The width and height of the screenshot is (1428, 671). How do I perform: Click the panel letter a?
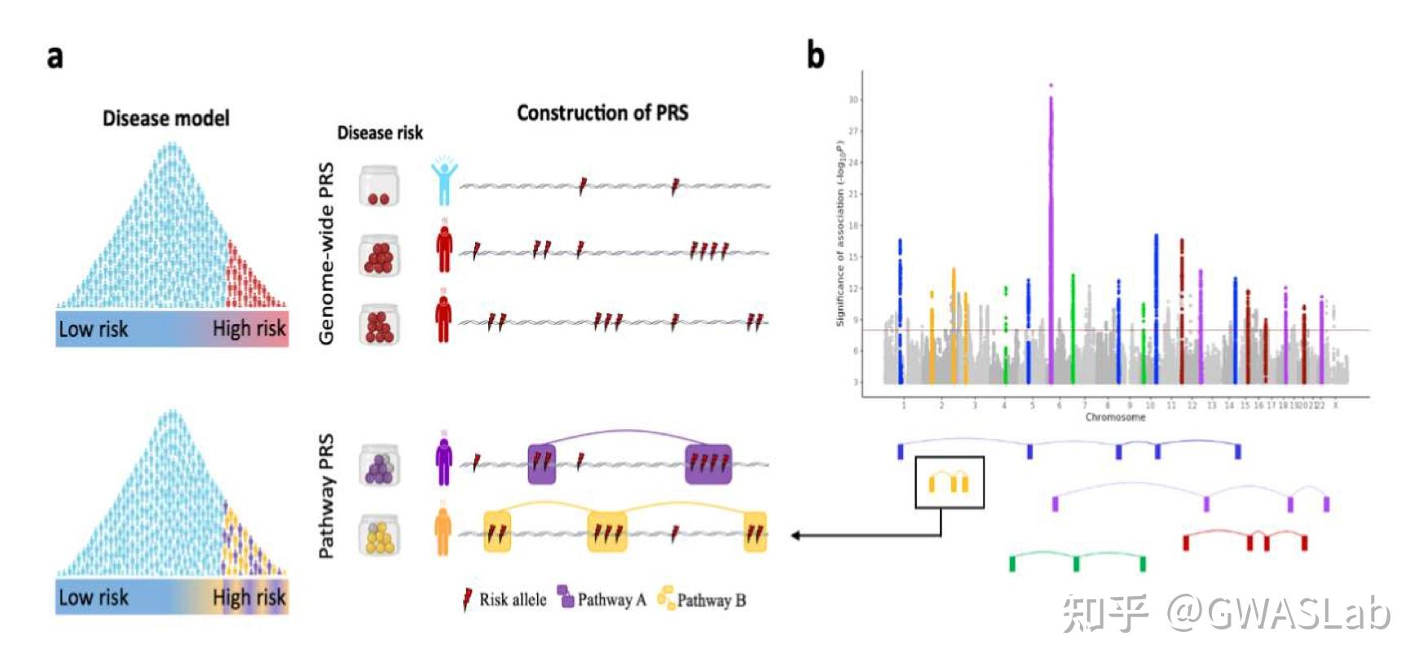click(x=55, y=58)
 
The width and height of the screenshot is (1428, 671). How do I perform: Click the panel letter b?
click(x=815, y=55)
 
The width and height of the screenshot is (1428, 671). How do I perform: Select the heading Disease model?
click(x=165, y=119)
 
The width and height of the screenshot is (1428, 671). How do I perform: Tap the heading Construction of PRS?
click(x=602, y=113)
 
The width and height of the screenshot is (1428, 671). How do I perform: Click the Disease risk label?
click(x=380, y=133)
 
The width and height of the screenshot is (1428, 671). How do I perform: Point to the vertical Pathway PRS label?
click(x=326, y=497)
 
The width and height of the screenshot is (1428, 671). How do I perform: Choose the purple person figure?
click(x=443, y=463)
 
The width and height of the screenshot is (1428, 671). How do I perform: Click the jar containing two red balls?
click(x=379, y=186)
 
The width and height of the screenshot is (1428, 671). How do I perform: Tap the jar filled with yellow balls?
click(x=380, y=534)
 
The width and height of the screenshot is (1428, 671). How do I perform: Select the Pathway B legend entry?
click(x=702, y=600)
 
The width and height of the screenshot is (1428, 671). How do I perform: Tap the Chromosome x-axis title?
click(x=1115, y=417)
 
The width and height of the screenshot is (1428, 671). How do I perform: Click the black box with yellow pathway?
click(x=950, y=482)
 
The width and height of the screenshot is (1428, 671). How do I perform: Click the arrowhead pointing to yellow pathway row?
click(x=796, y=535)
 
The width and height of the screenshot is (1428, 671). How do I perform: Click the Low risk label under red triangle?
click(x=93, y=329)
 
